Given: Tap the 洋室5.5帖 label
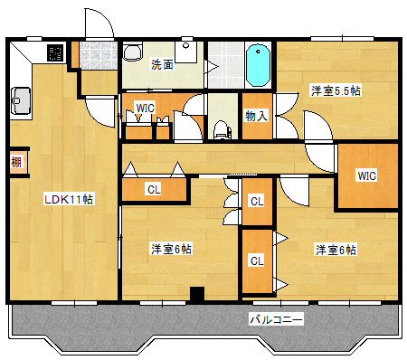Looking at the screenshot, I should pos(336,90).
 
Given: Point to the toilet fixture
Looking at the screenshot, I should pos(220,128).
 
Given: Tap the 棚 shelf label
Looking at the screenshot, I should pos(17,163).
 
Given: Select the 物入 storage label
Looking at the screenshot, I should pos(256,116).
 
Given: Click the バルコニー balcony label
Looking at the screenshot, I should pos(276,318).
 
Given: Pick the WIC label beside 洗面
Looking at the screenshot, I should pos(145,109).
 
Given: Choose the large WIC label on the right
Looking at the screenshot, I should pos(366,175).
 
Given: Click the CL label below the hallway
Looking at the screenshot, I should pos(154,190).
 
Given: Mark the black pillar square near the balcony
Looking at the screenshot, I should pos(195,293).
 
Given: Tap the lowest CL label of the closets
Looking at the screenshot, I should pos(256,261).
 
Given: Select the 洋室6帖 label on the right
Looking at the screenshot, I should pos(335,249).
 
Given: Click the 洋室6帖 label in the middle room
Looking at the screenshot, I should pos(170,249).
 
